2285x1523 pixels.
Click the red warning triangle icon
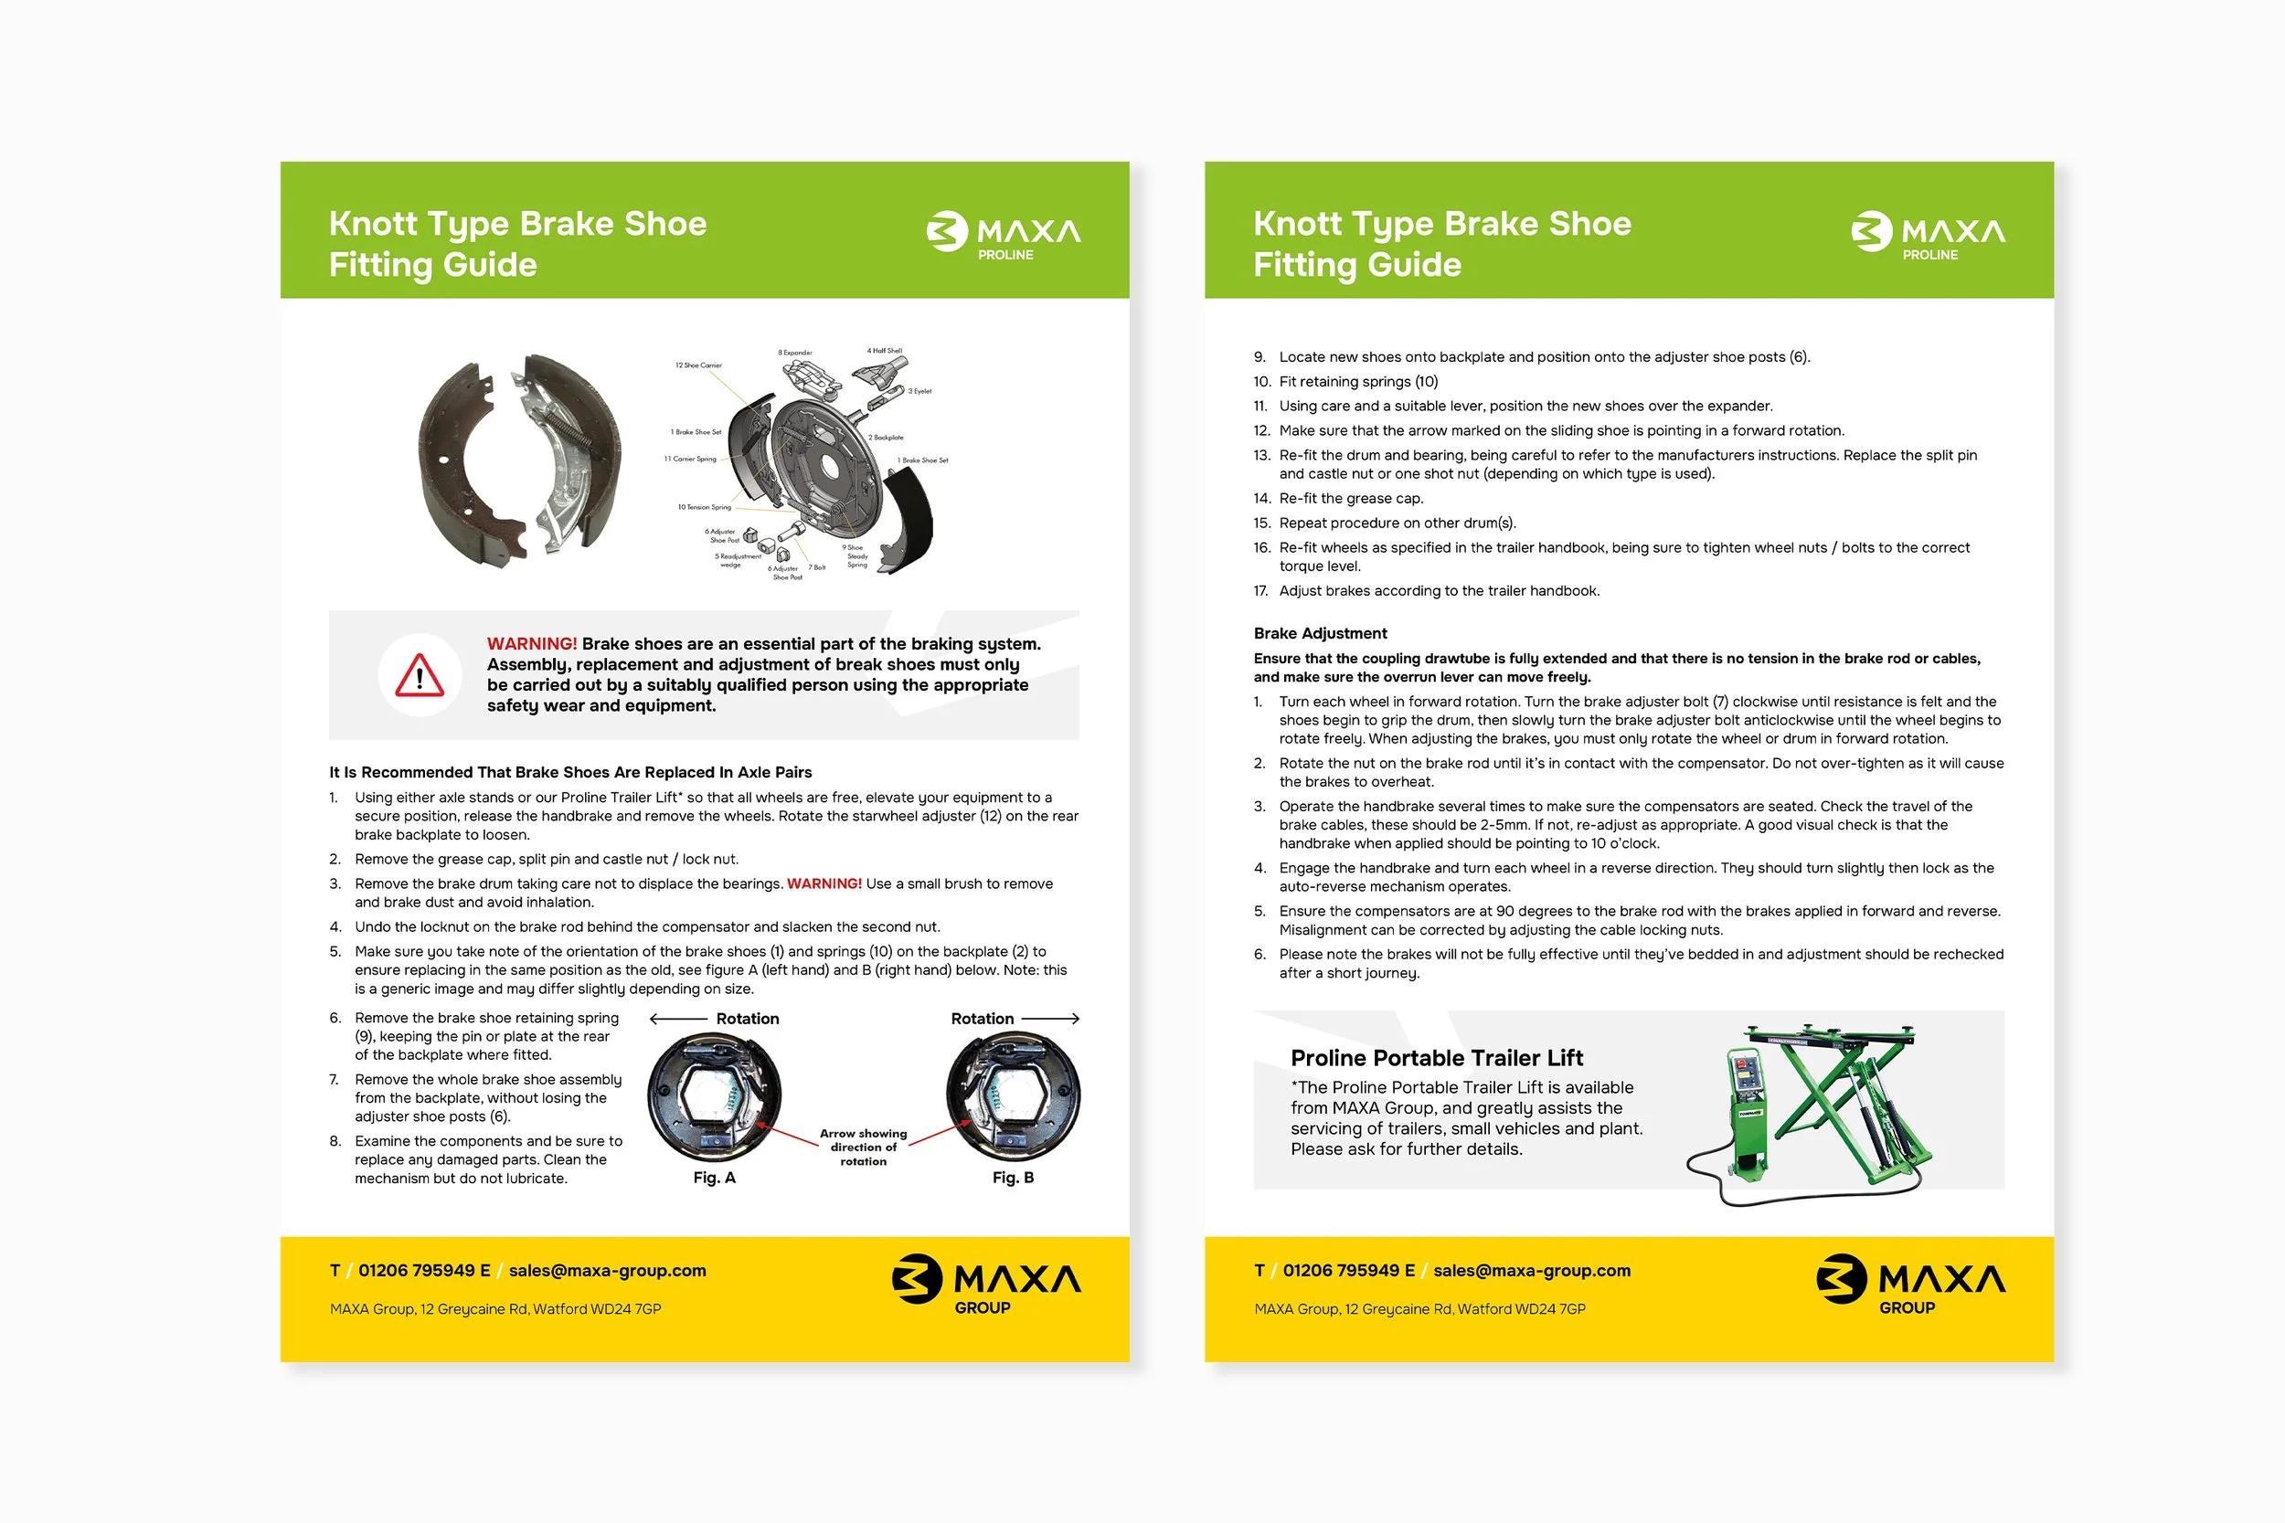point(420,675)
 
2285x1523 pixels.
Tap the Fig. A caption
point(714,1178)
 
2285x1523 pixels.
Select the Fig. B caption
point(1013,1178)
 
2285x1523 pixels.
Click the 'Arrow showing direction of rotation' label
point(863,1148)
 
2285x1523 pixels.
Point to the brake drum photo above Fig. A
point(714,1097)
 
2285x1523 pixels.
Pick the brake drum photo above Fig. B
point(1013,1097)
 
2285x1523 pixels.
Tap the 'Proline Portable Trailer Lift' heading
point(1436,1058)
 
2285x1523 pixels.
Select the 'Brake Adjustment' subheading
point(1319,633)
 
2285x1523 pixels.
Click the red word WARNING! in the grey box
point(531,644)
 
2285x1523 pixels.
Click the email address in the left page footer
point(607,1271)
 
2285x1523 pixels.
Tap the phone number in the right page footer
point(1348,1271)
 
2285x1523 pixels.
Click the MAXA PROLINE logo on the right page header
point(1928,234)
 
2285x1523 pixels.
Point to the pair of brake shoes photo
point(520,460)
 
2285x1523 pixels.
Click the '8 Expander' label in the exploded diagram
point(794,353)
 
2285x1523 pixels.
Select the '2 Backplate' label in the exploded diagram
point(885,438)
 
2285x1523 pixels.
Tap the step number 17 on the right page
point(1260,590)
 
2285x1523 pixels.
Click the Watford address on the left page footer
point(495,1309)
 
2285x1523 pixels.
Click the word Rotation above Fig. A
point(747,1018)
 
